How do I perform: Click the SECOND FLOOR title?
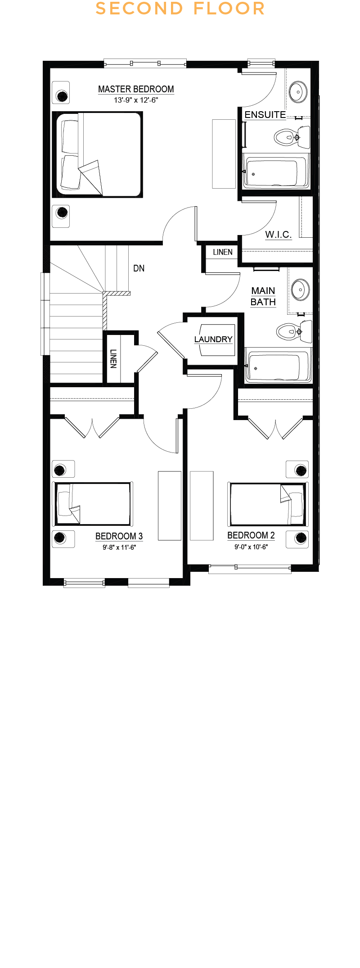pyautogui.click(x=180, y=9)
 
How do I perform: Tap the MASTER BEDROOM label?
pyautogui.click(x=136, y=89)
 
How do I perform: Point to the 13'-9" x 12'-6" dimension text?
pyautogui.click(x=136, y=100)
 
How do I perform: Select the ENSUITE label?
pyautogui.click(x=265, y=115)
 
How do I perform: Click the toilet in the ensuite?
pyautogui.click(x=292, y=137)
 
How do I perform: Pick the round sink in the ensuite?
pyautogui.click(x=297, y=92)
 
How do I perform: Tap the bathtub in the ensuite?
pyautogui.click(x=275, y=171)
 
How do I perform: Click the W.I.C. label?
pyautogui.click(x=279, y=234)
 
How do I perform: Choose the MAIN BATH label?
pyautogui.click(x=263, y=296)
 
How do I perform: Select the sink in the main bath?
pyautogui.click(x=301, y=289)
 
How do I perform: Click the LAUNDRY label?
pyautogui.click(x=213, y=339)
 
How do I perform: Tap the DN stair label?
pyautogui.click(x=139, y=268)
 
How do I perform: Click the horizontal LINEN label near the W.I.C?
pyautogui.click(x=223, y=252)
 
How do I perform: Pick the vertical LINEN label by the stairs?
pyautogui.click(x=113, y=359)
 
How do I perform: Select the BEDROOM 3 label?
pyautogui.click(x=119, y=536)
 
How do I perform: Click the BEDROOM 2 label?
pyautogui.click(x=251, y=535)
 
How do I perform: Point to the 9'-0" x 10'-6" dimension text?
pyautogui.click(x=251, y=547)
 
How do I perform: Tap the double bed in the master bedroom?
pyautogui.click(x=97, y=154)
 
